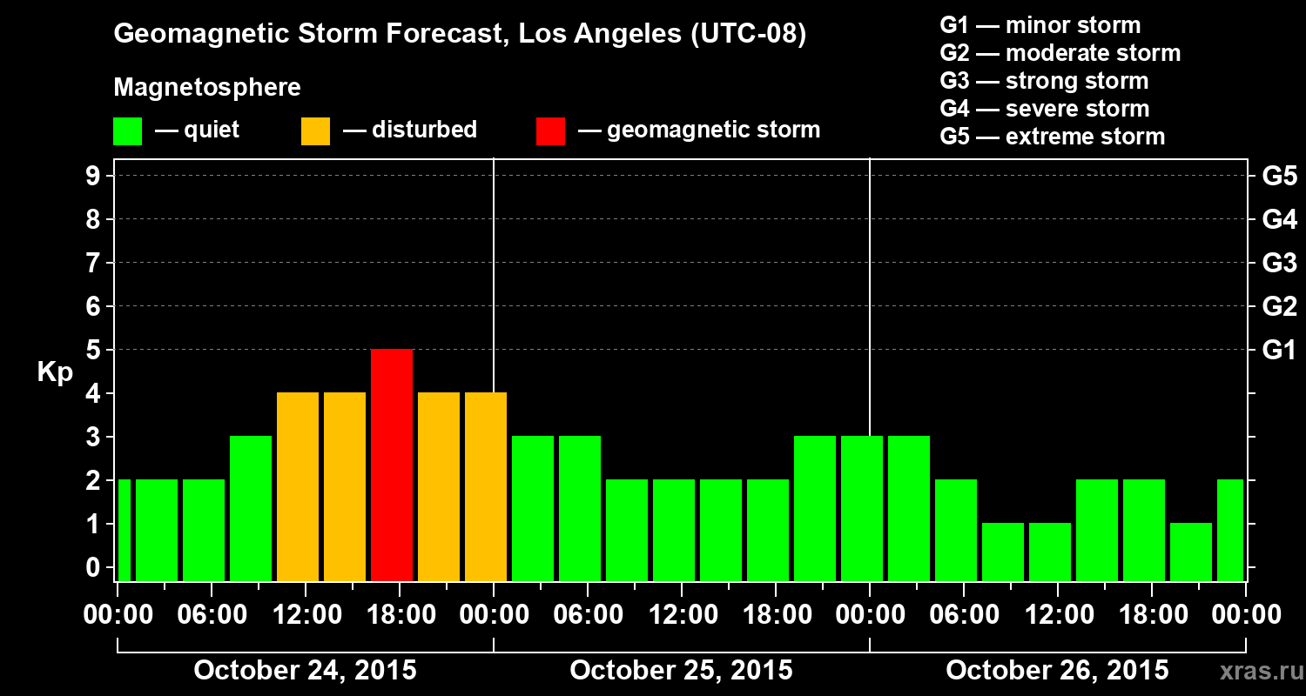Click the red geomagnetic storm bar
(x=392, y=465)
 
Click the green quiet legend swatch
(x=127, y=130)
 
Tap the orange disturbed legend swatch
(x=315, y=130)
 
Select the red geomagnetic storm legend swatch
(x=550, y=130)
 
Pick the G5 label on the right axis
(x=1279, y=176)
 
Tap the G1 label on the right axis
(x=1279, y=350)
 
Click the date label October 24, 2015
(x=305, y=670)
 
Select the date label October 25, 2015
(x=681, y=670)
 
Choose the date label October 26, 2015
(x=1057, y=670)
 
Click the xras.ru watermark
(x=1256, y=672)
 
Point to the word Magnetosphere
(x=207, y=88)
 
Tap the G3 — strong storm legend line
(x=1044, y=81)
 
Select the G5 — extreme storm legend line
(x=1052, y=137)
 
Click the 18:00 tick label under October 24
(x=399, y=615)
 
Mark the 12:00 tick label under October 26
(x=1057, y=615)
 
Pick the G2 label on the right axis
(x=1279, y=306)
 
